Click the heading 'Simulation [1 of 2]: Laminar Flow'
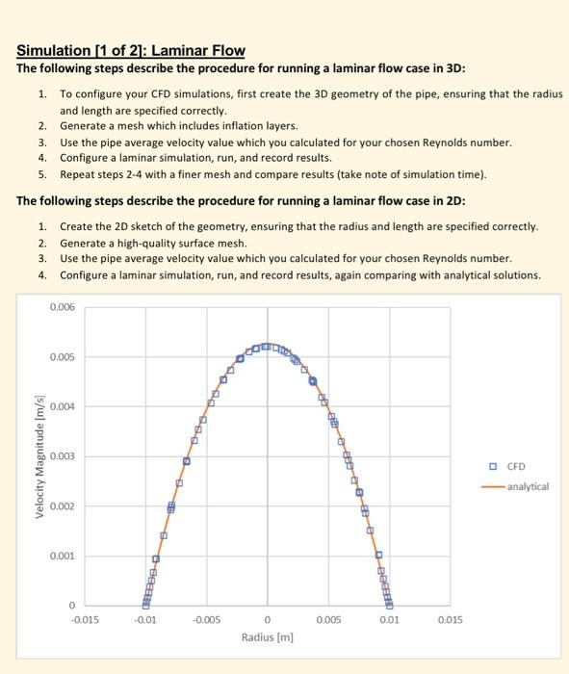point(131,50)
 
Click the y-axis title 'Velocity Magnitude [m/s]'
point(40,455)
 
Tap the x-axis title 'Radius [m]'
point(267,636)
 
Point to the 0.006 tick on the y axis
point(62,306)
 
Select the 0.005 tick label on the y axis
point(62,356)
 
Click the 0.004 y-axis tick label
point(62,406)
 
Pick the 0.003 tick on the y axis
point(62,455)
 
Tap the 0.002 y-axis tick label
point(62,505)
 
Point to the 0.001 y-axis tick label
point(62,556)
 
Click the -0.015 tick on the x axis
point(86,620)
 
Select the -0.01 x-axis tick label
point(146,620)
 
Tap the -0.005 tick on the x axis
point(207,620)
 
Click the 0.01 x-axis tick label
point(388,620)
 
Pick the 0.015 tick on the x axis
point(449,620)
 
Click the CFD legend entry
point(513,468)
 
